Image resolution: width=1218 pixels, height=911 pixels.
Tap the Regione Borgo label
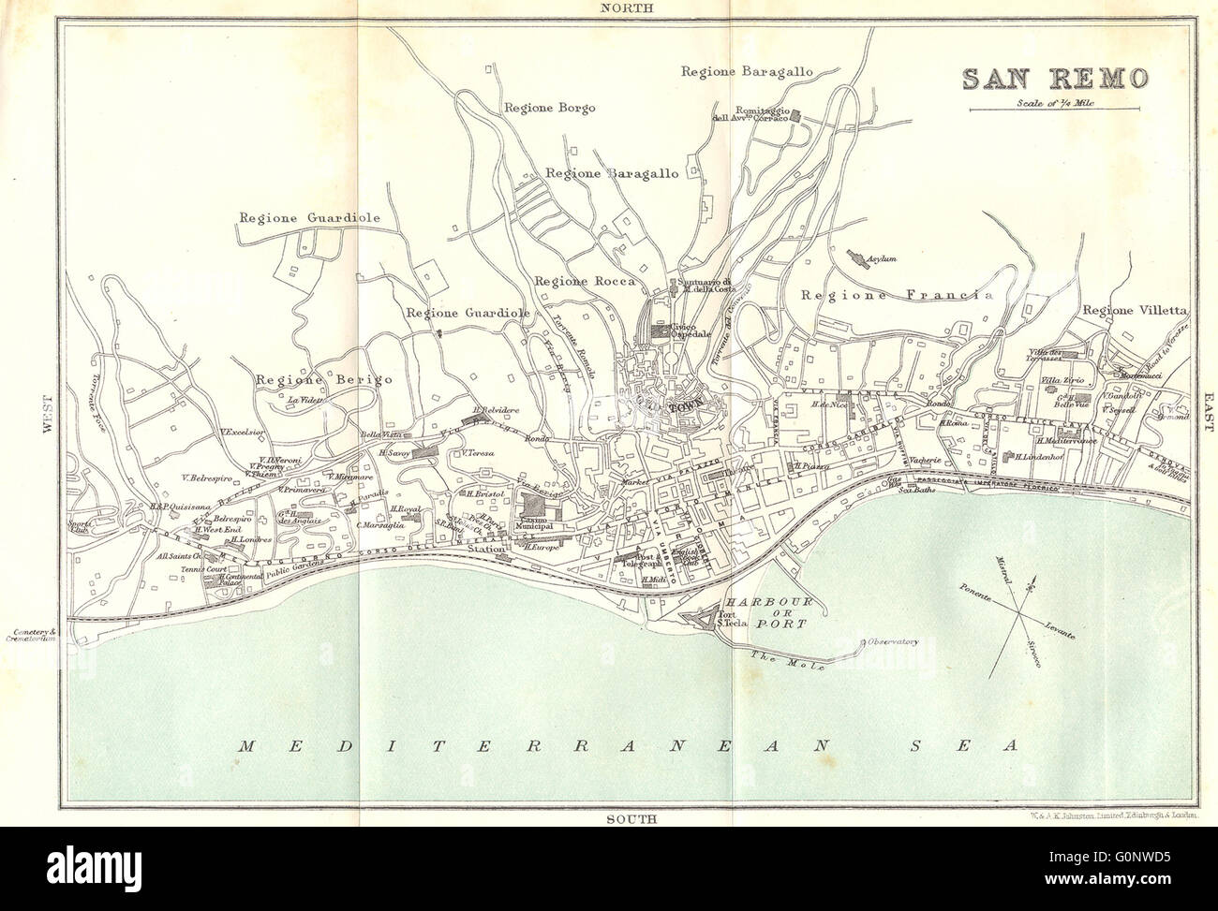pyautogui.click(x=549, y=108)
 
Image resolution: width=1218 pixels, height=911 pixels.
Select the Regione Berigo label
pyautogui.click(x=321, y=378)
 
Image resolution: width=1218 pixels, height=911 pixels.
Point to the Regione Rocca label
pyautogui.click(x=584, y=280)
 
